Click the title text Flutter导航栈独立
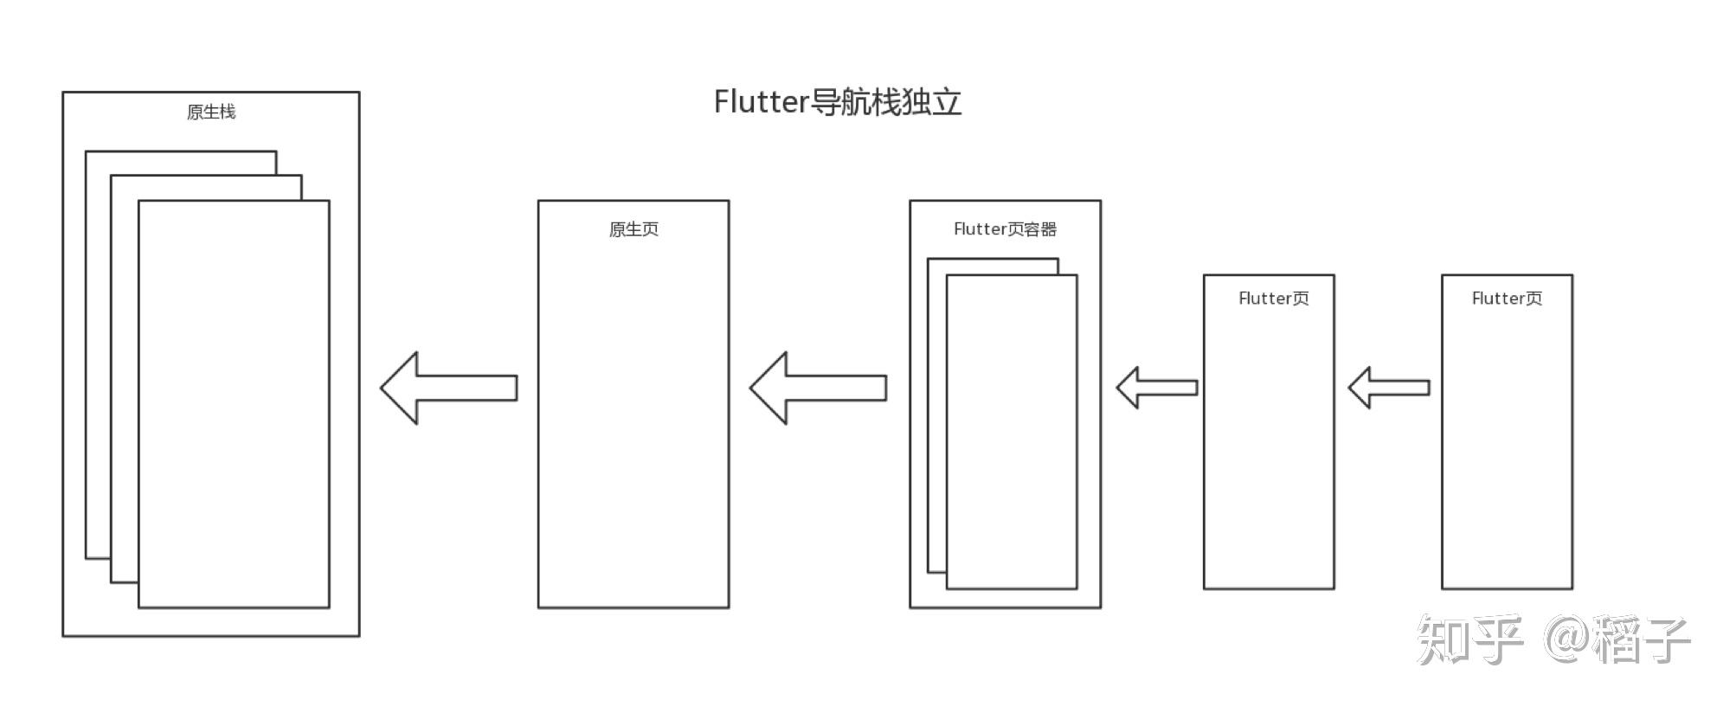(x=837, y=102)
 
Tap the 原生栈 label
(x=211, y=112)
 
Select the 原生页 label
(x=633, y=229)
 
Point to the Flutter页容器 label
(x=1005, y=229)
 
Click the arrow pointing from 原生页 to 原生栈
(x=448, y=388)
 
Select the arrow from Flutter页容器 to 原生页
(x=818, y=388)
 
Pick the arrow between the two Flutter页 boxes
(x=1389, y=388)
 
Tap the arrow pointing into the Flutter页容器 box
(x=1157, y=388)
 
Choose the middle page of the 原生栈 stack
(x=124, y=381)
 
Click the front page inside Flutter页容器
(x=1012, y=432)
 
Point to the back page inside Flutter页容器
(x=936, y=415)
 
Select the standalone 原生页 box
(x=633, y=415)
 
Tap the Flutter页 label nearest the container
(x=1273, y=299)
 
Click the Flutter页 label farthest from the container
(x=1507, y=299)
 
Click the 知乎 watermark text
(x=1469, y=640)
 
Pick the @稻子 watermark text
(x=1617, y=640)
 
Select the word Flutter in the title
(x=761, y=102)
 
